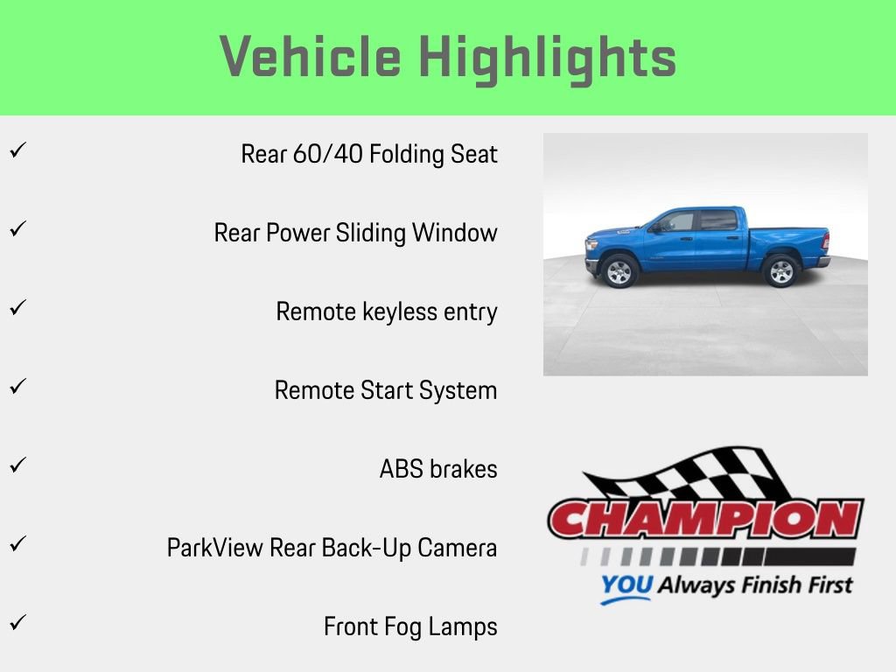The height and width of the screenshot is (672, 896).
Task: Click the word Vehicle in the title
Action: tap(310, 58)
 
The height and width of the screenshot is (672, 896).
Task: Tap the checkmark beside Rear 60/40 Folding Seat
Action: tap(16, 150)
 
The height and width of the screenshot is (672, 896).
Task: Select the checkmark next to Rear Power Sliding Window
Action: tap(16, 229)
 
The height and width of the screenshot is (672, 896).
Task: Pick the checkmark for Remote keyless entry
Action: tap(16, 308)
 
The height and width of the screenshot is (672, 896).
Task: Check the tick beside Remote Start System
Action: tap(16, 387)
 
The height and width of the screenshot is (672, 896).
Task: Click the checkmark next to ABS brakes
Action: tap(16, 465)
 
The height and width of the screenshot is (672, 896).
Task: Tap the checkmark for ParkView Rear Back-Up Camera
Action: tap(16, 544)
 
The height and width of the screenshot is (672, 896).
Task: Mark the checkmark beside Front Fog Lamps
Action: tap(16, 623)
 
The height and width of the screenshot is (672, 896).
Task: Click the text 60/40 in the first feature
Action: tap(329, 155)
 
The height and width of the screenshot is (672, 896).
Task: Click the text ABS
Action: tap(400, 470)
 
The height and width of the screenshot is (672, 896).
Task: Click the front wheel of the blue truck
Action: tap(619, 271)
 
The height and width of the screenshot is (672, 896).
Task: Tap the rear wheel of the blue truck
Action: tap(780, 271)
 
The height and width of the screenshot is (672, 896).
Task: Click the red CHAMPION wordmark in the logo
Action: tap(705, 520)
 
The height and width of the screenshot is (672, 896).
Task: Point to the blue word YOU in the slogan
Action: tap(627, 584)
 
